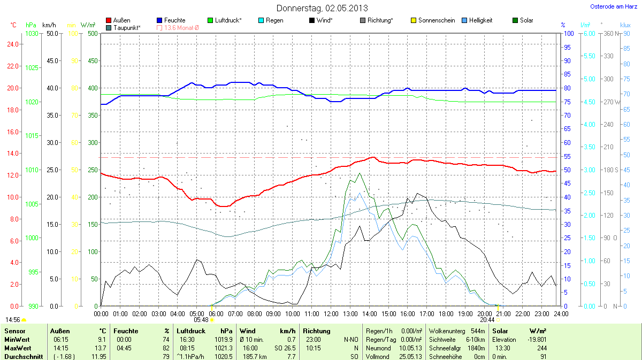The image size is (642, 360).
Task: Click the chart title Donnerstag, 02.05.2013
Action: tap(322, 8)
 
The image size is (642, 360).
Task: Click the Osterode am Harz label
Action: tap(610, 6)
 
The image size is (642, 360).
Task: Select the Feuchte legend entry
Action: tap(174, 20)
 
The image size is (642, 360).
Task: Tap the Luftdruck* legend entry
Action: tap(228, 20)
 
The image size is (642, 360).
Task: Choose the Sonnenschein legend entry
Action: tap(436, 20)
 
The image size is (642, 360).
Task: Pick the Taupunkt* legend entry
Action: tap(127, 27)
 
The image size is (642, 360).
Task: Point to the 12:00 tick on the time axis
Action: tap(331, 313)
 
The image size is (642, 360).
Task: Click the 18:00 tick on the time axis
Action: tap(446, 313)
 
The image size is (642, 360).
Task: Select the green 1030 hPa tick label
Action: tap(32, 34)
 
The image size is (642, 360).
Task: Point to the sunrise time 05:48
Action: tap(201, 319)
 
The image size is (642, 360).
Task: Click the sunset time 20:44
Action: tap(487, 319)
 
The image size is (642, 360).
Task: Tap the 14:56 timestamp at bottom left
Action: tap(13, 319)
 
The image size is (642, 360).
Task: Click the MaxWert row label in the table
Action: tap(16, 348)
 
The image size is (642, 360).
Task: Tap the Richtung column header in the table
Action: tap(317, 331)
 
